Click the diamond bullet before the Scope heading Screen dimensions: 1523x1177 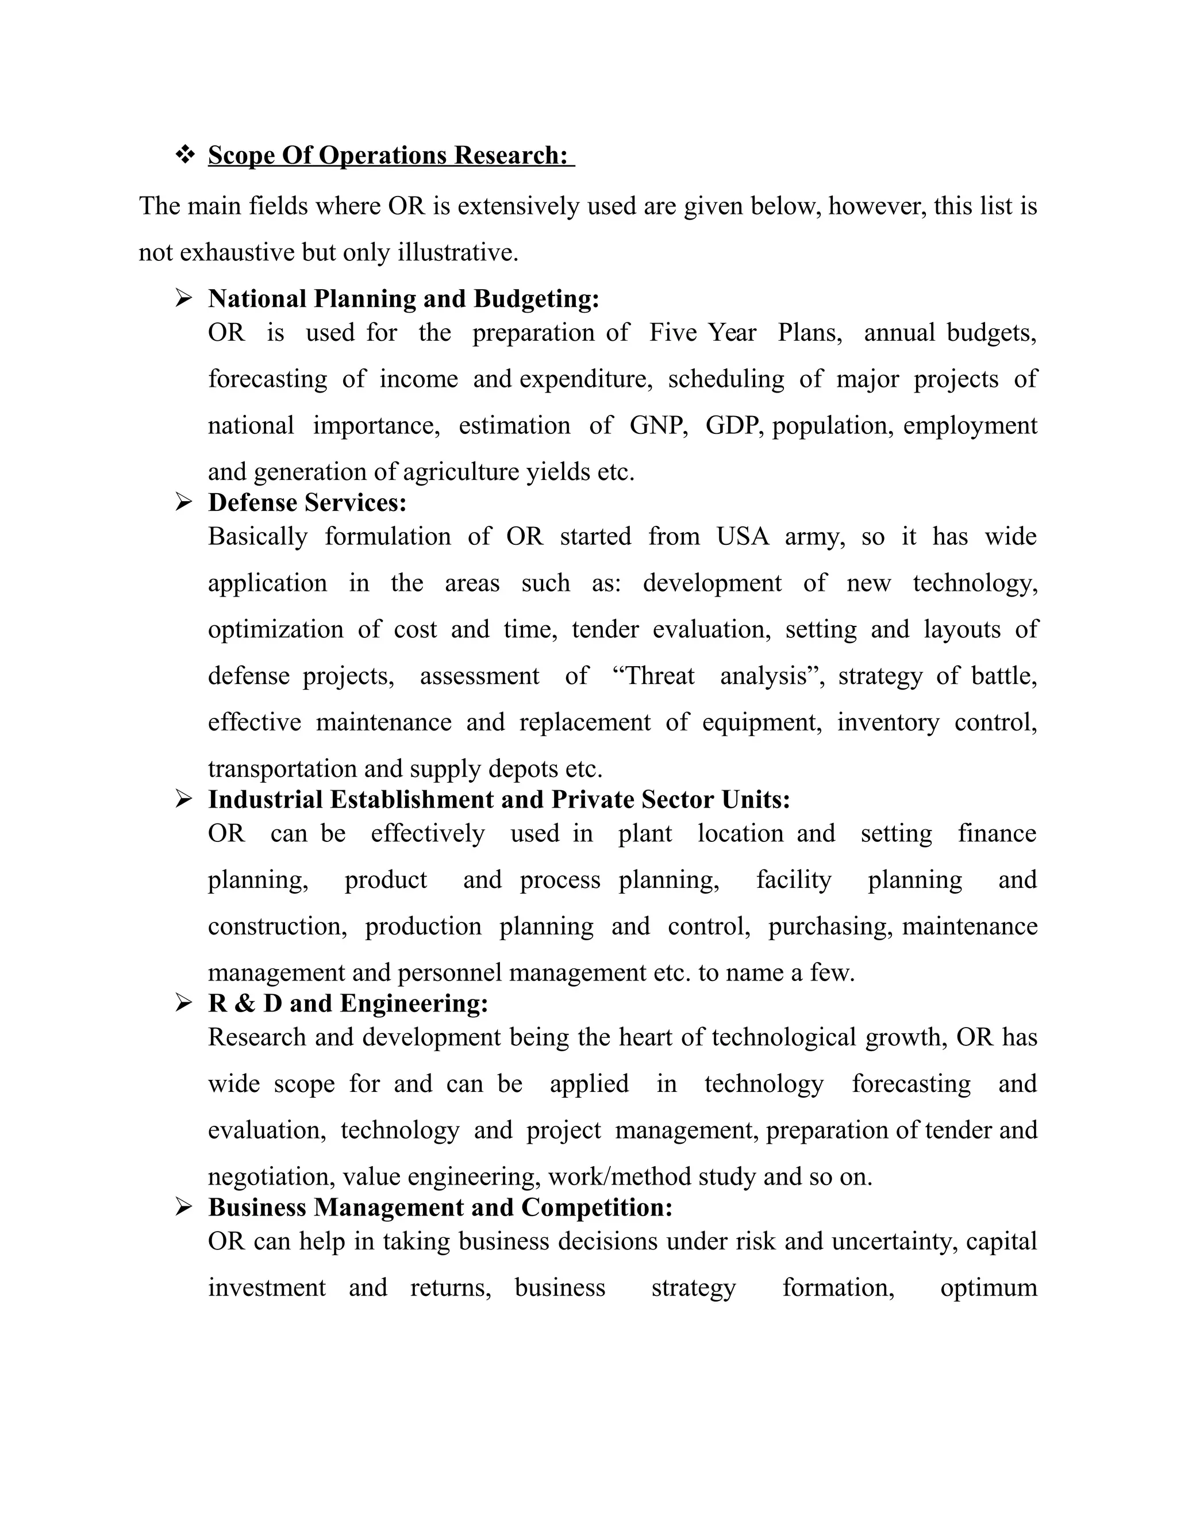coord(185,155)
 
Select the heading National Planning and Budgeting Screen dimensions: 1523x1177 coord(403,298)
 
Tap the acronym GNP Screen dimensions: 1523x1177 coord(657,425)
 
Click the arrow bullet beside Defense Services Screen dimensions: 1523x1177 coord(183,502)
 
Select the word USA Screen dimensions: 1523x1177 coord(743,536)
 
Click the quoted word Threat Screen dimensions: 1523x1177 coord(653,676)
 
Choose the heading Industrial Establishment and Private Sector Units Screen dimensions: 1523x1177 coord(498,799)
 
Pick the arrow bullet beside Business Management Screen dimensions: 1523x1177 coord(183,1207)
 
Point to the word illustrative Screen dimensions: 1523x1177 coord(457,252)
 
